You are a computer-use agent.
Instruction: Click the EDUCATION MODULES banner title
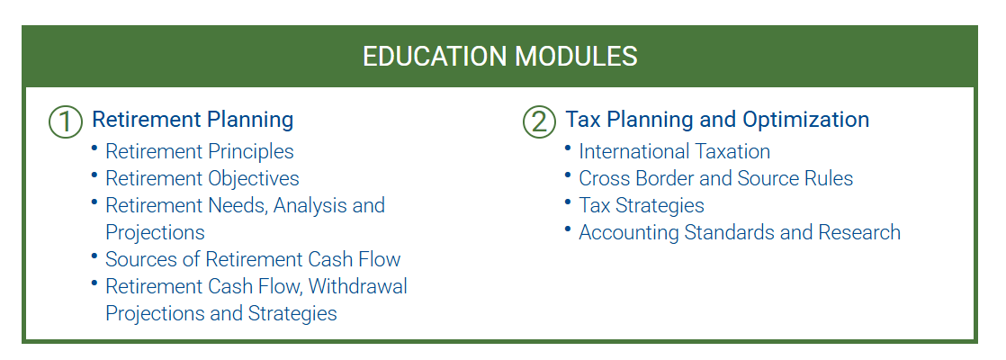tap(499, 57)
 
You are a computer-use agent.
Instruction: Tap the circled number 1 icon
tap(66, 121)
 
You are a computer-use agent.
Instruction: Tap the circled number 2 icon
tap(539, 121)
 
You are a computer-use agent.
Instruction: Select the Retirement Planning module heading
tap(193, 120)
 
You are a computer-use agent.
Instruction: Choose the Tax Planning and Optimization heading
tap(717, 120)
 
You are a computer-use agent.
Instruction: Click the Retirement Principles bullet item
tap(200, 151)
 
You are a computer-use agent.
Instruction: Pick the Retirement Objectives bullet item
tap(202, 178)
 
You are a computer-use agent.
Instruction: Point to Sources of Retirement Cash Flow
tap(253, 258)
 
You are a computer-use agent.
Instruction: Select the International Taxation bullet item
tap(674, 151)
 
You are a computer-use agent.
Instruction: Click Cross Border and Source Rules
tap(716, 178)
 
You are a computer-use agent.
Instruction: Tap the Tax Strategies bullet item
tap(642, 205)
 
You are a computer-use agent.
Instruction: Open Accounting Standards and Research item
tap(740, 231)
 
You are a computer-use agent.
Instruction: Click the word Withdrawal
tap(358, 285)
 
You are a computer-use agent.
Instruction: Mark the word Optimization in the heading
tap(806, 120)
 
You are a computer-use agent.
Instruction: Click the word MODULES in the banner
tap(576, 57)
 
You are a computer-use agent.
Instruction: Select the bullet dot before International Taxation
tap(568, 148)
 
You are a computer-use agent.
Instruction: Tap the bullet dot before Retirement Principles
tap(94, 148)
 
